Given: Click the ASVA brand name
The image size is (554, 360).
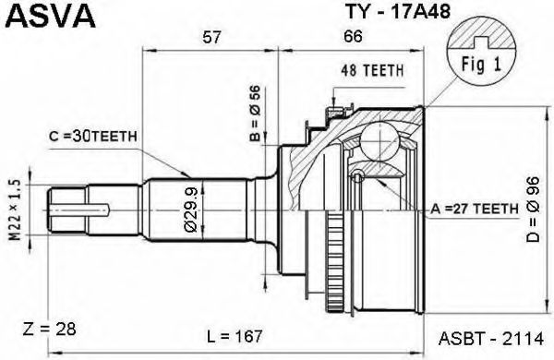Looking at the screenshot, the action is [51, 16].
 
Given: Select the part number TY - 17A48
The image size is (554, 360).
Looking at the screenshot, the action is [397, 11].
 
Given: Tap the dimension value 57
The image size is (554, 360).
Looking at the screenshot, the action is [211, 37].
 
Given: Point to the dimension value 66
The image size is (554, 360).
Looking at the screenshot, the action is [353, 36].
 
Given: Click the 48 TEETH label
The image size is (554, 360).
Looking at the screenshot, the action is [372, 71].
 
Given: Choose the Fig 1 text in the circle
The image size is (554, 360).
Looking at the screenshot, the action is [481, 65].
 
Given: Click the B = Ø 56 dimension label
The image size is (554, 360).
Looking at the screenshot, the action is [255, 114].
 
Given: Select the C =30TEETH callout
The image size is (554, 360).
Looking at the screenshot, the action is [93, 137].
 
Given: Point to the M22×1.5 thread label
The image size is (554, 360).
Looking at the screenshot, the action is [15, 210].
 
